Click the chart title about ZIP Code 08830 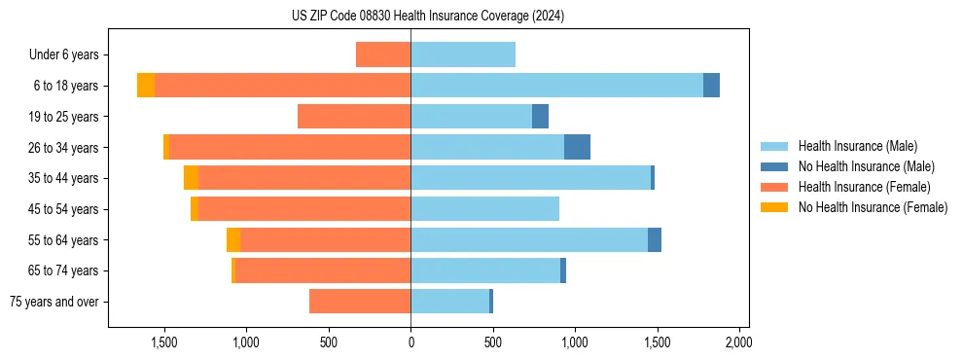(x=427, y=16)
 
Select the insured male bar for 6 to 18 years (x=556, y=86)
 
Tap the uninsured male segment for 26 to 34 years (x=577, y=147)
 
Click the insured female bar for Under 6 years (x=383, y=54)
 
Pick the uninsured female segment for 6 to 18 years (x=146, y=86)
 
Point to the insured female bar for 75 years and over (x=360, y=302)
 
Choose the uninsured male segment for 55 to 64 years (x=655, y=239)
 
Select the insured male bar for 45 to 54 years (x=484, y=209)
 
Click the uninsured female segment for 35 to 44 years (x=191, y=178)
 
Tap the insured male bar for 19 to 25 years (x=471, y=117)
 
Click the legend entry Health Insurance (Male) (x=857, y=146)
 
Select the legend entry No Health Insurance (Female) (x=873, y=207)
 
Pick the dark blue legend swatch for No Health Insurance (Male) (x=774, y=166)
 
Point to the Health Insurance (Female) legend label (x=864, y=187)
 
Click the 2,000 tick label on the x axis (x=738, y=342)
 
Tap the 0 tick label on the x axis (x=410, y=342)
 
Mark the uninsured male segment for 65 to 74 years (x=563, y=270)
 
